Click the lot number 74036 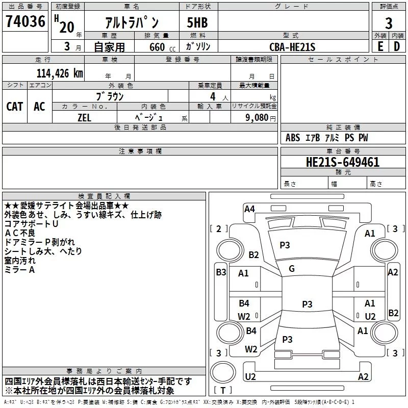pyautogui.click(x=25, y=22)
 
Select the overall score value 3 pyautogui.click(x=389, y=23)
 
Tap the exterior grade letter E pyautogui.click(x=380, y=46)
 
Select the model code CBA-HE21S pyautogui.click(x=293, y=47)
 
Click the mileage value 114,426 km pyautogui.click(x=60, y=73)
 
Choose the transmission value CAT pyautogui.click(x=15, y=107)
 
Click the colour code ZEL pyautogui.click(x=84, y=117)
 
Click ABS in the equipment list pyautogui.click(x=293, y=138)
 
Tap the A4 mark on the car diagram pyautogui.click(x=249, y=208)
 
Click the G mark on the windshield pyautogui.click(x=292, y=269)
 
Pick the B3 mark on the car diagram pyautogui.click(x=221, y=272)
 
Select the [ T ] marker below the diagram pyautogui.click(x=223, y=390)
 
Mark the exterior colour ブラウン pyautogui.click(x=110, y=96)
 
